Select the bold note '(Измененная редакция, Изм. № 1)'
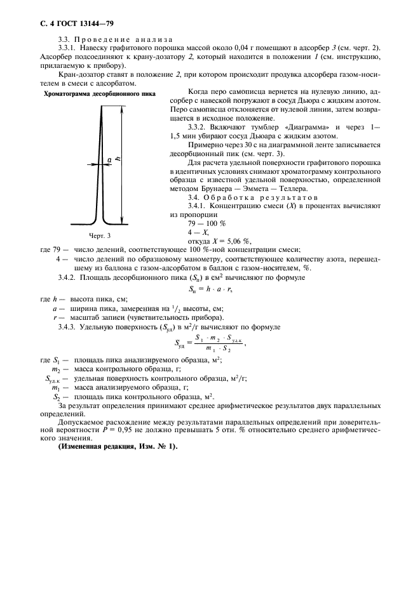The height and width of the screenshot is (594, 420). point(118,446)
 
